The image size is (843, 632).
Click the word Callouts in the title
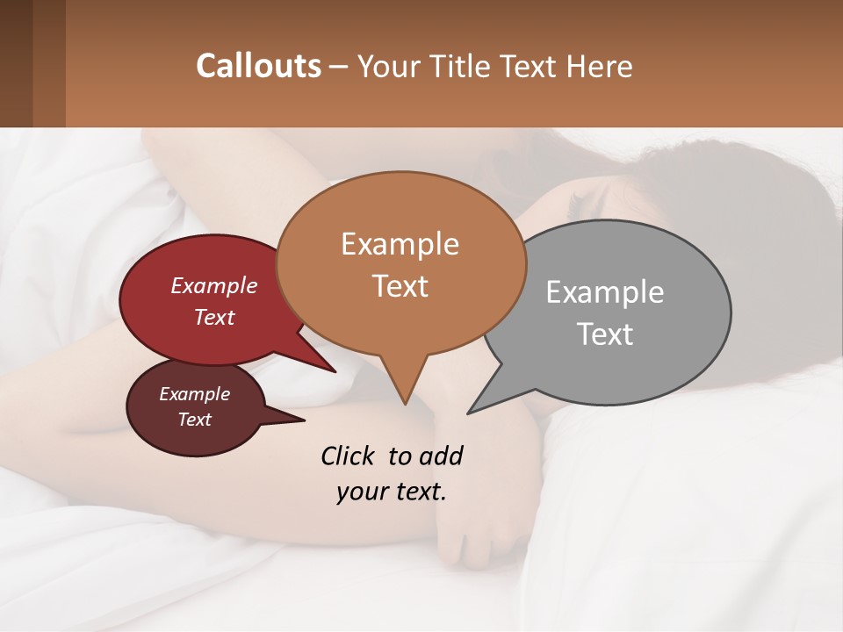tap(258, 66)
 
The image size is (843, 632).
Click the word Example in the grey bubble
tap(605, 292)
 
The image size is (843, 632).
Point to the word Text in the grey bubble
tap(605, 334)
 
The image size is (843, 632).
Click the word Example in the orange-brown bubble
tap(400, 244)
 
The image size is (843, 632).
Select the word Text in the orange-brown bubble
tap(400, 286)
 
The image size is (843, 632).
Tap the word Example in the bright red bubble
tap(213, 285)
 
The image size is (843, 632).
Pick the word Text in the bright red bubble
tap(213, 317)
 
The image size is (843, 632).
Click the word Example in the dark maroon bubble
tap(194, 394)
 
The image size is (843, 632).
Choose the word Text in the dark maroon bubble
tap(194, 420)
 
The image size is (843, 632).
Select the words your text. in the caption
tap(392, 492)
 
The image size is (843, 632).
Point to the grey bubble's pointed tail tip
tap(469, 412)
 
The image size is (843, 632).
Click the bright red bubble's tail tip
tap(335, 371)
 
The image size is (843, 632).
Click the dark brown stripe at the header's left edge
tap(16, 63)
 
